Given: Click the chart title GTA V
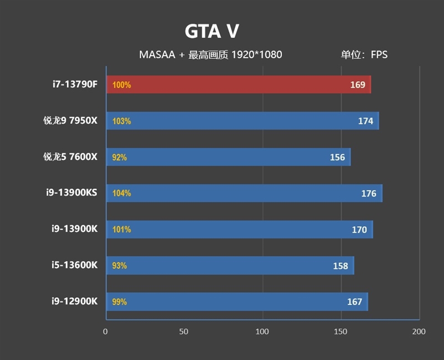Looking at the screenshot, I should coord(211,32).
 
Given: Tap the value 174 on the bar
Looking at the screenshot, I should coord(365,121).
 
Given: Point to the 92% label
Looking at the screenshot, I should coord(119,157).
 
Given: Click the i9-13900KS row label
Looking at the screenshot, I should coord(72,193).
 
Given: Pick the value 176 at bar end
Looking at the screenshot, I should coord(369,193).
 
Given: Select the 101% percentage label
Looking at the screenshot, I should coord(121,229).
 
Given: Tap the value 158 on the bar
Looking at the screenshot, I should coord(340,266).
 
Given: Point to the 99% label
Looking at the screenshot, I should coord(119,302).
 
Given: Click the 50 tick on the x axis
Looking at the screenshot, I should coord(184,332).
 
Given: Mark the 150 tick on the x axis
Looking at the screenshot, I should coord(341,332).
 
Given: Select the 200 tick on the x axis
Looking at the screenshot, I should coord(419,332).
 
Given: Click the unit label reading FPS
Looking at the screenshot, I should coord(379,54).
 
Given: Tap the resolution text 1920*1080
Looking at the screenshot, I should coord(256,54).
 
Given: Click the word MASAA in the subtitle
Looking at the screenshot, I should coord(157,54).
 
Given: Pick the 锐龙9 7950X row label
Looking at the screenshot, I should coord(70,121).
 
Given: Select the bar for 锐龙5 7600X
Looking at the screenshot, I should coord(228,157).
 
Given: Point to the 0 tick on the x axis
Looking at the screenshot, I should coord(105,332).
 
